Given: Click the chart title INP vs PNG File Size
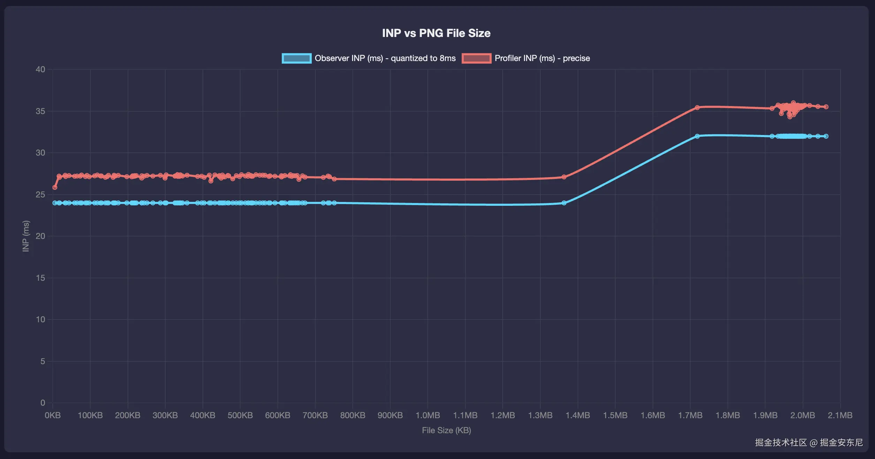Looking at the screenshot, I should pyautogui.click(x=436, y=33).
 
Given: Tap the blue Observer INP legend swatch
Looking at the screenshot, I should pyautogui.click(x=296, y=58).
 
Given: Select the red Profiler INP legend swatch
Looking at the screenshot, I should pyautogui.click(x=476, y=58).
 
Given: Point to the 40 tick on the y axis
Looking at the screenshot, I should pyautogui.click(x=40, y=69).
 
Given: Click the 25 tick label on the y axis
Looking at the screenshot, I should pyautogui.click(x=40, y=195).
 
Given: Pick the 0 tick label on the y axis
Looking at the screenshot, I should pyautogui.click(x=43, y=403).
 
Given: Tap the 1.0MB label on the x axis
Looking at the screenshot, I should pyautogui.click(x=428, y=415).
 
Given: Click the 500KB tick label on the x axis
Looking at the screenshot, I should pyautogui.click(x=240, y=415).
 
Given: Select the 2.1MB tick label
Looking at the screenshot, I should pyautogui.click(x=840, y=415).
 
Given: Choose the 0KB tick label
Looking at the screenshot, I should pyautogui.click(x=53, y=415).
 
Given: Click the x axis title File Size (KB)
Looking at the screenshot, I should pyautogui.click(x=446, y=430).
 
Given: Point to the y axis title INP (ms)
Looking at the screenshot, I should pyautogui.click(x=26, y=236).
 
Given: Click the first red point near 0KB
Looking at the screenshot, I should pyautogui.click(x=55, y=187).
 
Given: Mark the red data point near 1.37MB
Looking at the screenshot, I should pyautogui.click(x=564, y=177).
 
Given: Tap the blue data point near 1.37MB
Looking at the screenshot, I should pyautogui.click(x=564, y=203).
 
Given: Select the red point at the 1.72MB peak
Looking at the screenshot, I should pyautogui.click(x=697, y=107).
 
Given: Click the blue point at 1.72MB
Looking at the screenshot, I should pyautogui.click(x=697, y=136).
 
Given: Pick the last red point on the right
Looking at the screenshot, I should pyautogui.click(x=826, y=107).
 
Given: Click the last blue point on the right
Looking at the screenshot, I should pyautogui.click(x=826, y=136).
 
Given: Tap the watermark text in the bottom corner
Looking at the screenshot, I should pyautogui.click(x=809, y=443).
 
